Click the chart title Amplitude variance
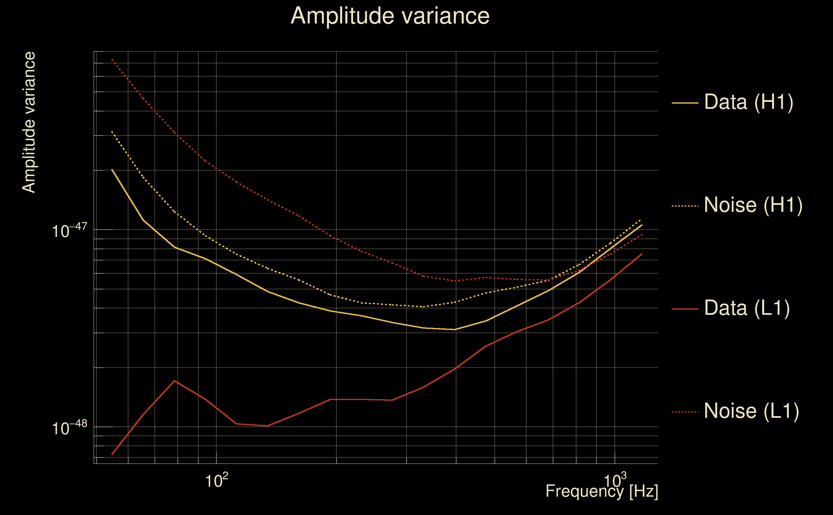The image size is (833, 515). point(389,16)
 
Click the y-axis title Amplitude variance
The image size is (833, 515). point(29,123)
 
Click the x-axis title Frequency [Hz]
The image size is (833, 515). point(602,491)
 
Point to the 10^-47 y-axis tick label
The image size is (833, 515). point(70,230)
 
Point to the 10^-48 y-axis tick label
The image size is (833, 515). point(70,427)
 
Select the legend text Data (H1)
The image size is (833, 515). point(749,102)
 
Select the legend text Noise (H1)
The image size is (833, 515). point(753,205)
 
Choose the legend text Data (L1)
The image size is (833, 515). point(746,308)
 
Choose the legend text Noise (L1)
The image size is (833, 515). point(751,411)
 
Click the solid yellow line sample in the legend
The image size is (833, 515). point(685,103)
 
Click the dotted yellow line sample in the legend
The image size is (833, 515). point(685,206)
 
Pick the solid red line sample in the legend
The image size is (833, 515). point(685,309)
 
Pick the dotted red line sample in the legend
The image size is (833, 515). point(685,412)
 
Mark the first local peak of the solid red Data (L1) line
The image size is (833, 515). point(174,381)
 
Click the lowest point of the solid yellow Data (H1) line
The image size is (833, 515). point(455,329)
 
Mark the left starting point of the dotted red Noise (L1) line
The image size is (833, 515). point(112,60)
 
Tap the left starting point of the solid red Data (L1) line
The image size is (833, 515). point(112,454)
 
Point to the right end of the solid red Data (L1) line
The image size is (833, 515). point(642,254)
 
